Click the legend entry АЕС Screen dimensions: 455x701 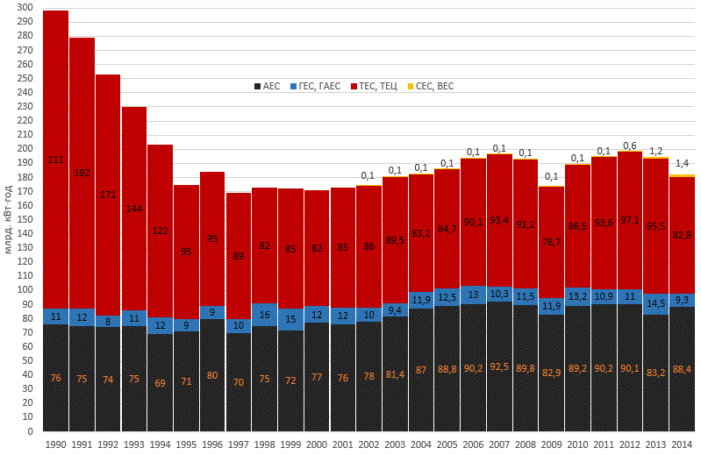267,86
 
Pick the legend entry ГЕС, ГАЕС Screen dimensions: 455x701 316,86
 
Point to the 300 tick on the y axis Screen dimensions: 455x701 25,7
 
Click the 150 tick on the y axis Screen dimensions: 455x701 25,219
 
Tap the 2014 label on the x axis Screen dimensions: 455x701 682,444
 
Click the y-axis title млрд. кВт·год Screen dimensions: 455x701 9,219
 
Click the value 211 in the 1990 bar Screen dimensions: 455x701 56,160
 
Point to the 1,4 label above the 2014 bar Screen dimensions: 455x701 682,164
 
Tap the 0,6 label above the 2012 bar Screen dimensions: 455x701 630,146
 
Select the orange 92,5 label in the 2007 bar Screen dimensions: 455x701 499,378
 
